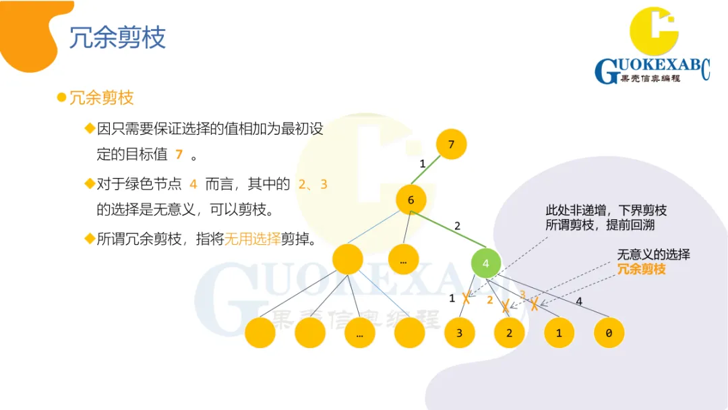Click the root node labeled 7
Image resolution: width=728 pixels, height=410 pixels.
(x=451, y=144)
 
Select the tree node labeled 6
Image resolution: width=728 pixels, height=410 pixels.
(x=411, y=200)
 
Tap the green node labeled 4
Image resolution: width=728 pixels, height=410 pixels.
(x=485, y=264)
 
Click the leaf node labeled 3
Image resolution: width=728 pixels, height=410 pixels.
(x=459, y=333)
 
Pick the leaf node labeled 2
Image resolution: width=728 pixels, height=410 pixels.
(x=509, y=333)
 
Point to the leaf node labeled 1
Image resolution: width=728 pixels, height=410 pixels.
(x=559, y=333)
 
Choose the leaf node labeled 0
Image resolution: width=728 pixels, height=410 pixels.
(x=609, y=333)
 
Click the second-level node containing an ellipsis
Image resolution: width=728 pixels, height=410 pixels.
(x=403, y=260)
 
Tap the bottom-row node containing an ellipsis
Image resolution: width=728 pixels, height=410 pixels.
(x=360, y=333)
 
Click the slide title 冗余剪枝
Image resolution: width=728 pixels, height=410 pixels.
(x=117, y=38)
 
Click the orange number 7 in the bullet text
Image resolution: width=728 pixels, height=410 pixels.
(x=179, y=154)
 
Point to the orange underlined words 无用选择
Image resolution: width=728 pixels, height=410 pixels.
(x=252, y=239)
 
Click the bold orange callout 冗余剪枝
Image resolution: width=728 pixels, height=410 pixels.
(x=641, y=269)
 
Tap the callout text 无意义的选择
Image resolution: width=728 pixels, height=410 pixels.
(x=653, y=254)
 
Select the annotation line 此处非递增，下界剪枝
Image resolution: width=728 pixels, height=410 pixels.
(x=606, y=210)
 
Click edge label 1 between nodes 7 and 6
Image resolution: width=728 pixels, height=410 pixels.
(x=423, y=164)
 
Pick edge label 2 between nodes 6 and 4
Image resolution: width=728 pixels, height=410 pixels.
(x=457, y=227)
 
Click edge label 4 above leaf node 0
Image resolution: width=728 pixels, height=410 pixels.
(x=579, y=301)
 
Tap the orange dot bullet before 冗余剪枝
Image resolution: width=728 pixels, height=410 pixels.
(x=61, y=97)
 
